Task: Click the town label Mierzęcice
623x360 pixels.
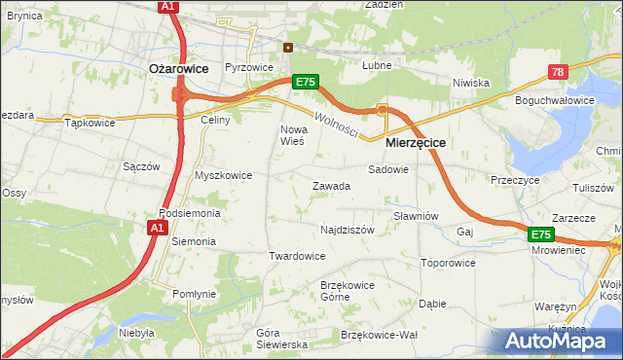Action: click(x=416, y=142)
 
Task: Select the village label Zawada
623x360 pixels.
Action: click(x=331, y=186)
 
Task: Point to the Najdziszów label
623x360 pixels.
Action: click(x=348, y=231)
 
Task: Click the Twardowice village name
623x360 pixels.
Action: click(x=297, y=256)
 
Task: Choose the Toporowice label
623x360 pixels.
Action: click(x=448, y=263)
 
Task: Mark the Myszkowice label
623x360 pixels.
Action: click(x=224, y=175)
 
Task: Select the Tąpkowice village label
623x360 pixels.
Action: click(x=90, y=123)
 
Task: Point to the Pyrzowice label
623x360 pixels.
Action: click(x=248, y=67)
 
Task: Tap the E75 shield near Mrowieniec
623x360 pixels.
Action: click(x=542, y=235)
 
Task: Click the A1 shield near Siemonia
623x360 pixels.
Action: click(x=156, y=228)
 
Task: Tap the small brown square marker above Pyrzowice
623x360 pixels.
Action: click(x=287, y=47)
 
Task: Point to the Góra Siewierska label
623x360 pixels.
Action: click(x=281, y=339)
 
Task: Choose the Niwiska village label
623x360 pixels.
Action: click(x=470, y=83)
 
